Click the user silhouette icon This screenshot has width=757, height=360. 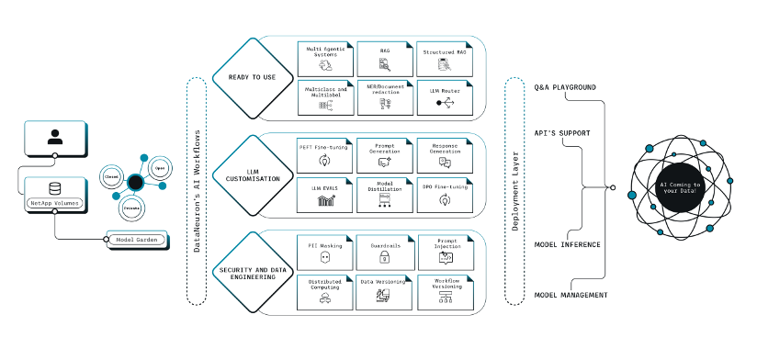(54, 138)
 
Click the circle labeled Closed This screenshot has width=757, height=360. (112, 174)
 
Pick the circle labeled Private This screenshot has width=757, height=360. (132, 207)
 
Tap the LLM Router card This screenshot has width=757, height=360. (445, 98)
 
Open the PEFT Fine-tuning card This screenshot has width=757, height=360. (324, 153)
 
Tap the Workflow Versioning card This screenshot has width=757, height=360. (445, 290)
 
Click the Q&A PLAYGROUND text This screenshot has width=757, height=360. (565, 87)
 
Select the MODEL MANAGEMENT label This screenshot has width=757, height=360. (571, 295)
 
